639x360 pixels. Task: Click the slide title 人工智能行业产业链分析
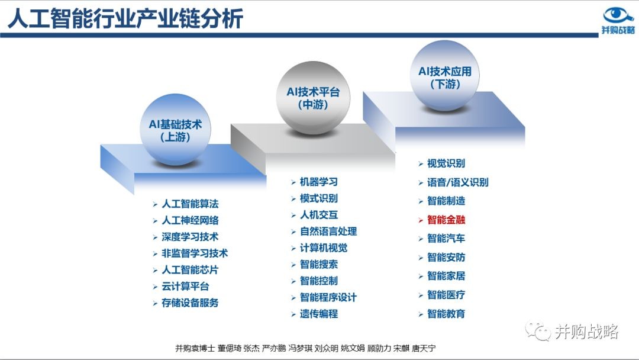(x=125, y=18)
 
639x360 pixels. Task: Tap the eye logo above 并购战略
(x=618, y=15)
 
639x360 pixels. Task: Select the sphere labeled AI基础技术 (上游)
(x=175, y=130)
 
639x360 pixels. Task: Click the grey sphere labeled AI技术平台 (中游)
(x=313, y=98)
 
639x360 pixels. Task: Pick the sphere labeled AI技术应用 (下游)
(x=444, y=76)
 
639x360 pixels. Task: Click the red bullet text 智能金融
(x=446, y=220)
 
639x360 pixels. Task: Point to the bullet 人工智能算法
(x=190, y=204)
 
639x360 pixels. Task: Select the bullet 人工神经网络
(x=190, y=220)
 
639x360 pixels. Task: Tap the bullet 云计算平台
(x=185, y=286)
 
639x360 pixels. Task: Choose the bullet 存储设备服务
(x=190, y=303)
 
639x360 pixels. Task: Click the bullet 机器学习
(x=319, y=182)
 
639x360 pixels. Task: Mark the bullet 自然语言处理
(x=328, y=231)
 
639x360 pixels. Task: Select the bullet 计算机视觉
(x=324, y=248)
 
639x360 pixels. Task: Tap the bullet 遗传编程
(x=319, y=314)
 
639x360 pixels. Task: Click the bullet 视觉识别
(x=446, y=163)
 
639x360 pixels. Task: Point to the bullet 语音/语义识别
(x=457, y=182)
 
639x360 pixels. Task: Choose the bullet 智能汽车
(x=446, y=239)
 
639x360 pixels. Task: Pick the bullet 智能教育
(x=446, y=314)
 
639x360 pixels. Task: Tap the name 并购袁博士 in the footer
(x=195, y=348)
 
